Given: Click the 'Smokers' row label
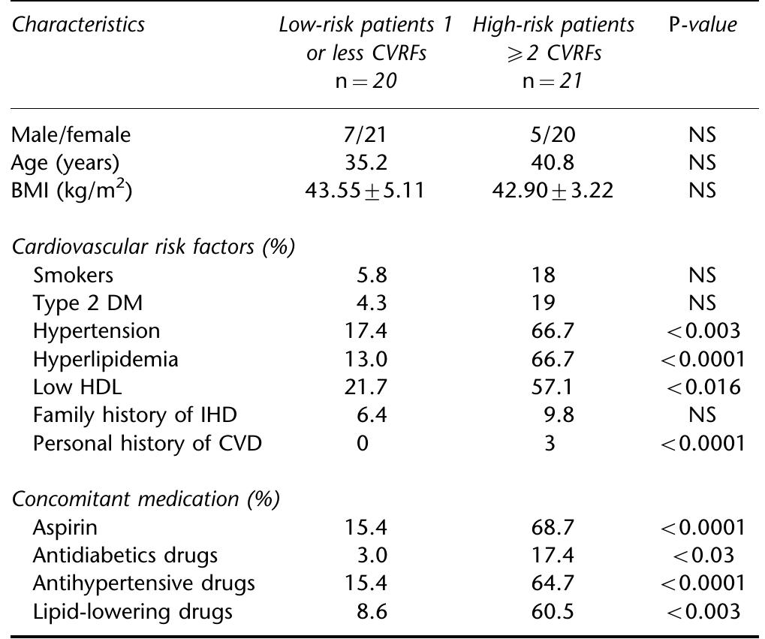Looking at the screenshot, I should (73, 275).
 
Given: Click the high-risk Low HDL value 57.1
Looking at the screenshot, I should (550, 387).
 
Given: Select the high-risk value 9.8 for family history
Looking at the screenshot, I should (556, 414).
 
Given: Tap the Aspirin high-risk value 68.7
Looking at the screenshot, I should (550, 527).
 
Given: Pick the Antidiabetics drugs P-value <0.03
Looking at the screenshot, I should (701, 555).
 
